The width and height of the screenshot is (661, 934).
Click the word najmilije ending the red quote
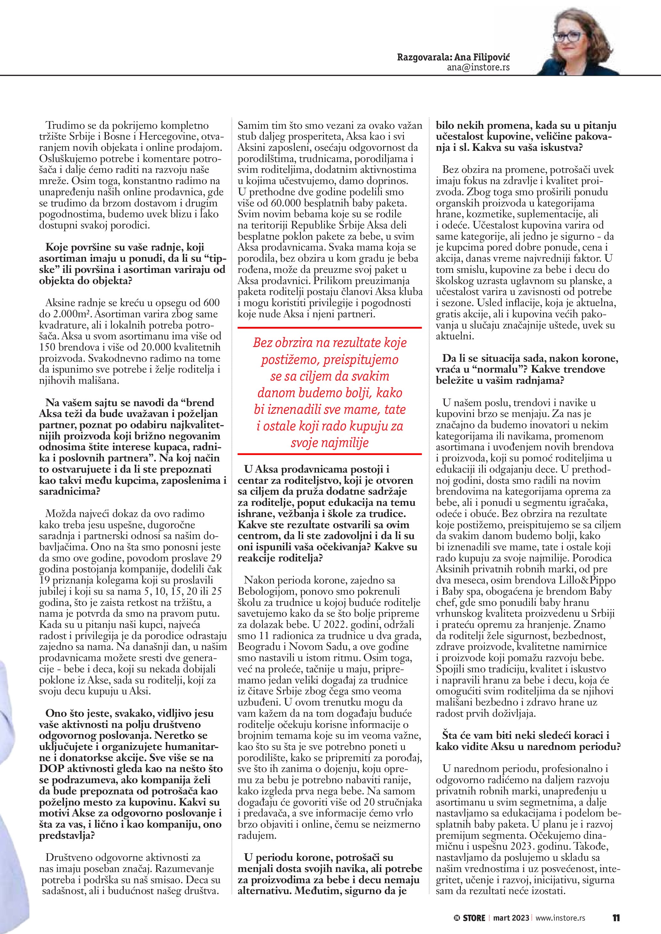click(349, 443)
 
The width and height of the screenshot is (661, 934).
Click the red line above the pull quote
click(330, 328)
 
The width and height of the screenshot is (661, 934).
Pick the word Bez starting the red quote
click(263, 343)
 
